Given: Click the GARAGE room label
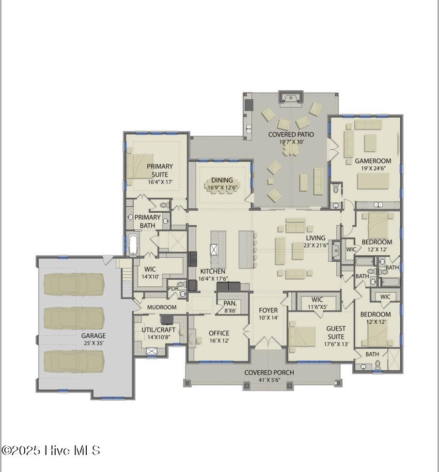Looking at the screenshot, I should (x=93, y=335).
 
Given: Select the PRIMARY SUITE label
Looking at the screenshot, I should (x=160, y=170).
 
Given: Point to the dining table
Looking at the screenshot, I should (x=221, y=189).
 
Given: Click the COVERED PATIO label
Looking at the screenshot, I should (x=291, y=134).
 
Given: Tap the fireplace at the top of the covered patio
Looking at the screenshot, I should (x=291, y=97).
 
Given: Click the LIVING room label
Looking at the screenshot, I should (x=315, y=238).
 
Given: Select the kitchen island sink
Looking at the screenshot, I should (x=214, y=250).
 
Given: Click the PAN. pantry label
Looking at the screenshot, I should (x=230, y=303).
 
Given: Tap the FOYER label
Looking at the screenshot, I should (x=268, y=310).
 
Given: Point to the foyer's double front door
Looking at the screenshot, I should (x=268, y=343).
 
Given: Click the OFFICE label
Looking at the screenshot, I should (x=219, y=333).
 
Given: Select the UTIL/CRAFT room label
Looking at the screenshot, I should (x=158, y=330).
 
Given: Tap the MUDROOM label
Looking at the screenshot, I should (x=161, y=307).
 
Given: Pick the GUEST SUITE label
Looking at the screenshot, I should (x=335, y=332).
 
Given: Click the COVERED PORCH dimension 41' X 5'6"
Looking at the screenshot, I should (x=268, y=380).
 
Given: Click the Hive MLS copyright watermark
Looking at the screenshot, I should (x=51, y=450).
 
